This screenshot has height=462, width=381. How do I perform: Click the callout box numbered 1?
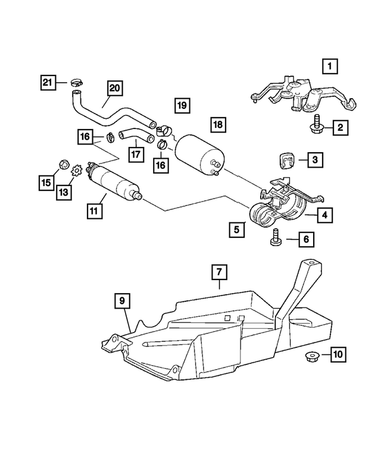330,65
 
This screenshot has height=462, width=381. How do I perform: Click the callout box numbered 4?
324,215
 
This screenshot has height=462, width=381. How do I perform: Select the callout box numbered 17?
136,154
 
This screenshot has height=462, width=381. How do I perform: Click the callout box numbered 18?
218,125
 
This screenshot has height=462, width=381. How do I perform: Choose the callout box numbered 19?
182,106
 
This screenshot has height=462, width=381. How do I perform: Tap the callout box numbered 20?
115,88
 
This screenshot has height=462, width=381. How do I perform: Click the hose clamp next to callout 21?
76,81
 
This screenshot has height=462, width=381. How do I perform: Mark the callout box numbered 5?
236,228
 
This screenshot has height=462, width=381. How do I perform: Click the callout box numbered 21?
48,82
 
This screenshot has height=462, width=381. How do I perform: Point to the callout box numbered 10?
338,355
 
